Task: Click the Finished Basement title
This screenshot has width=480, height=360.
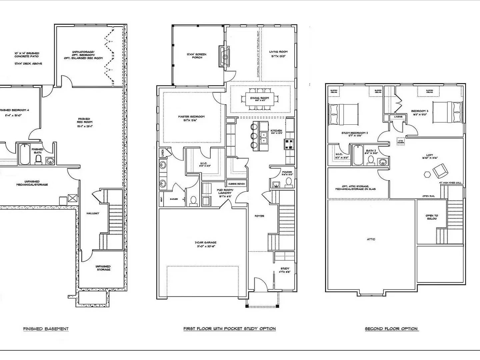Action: pos(46,329)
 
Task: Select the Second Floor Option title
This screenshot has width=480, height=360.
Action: pos(391,329)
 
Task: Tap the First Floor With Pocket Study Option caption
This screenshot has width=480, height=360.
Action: pos(229,329)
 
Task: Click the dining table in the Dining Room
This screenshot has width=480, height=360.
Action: pos(260,99)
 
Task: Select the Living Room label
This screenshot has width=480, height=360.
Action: pos(278,54)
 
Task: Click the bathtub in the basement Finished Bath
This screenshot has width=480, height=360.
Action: pos(25,154)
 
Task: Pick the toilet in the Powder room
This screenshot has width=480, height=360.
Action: pos(288,182)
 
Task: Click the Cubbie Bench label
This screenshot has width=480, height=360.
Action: pos(236,184)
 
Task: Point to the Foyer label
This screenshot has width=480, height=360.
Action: pos(259,216)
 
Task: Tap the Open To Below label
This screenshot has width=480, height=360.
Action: pos(432,217)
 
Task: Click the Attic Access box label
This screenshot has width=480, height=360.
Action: pos(400,141)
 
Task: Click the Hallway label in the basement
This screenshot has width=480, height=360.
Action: pos(93,213)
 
